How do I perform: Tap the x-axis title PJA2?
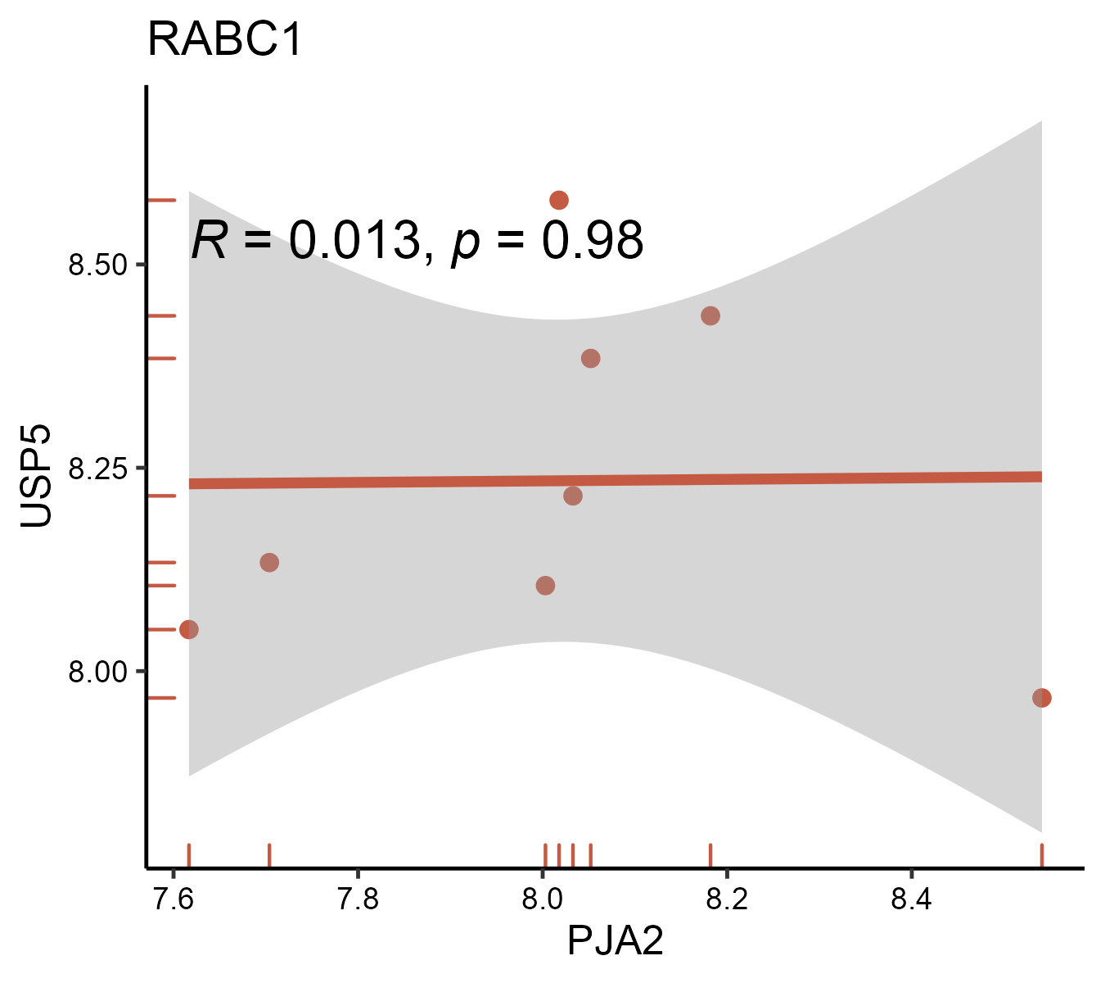[615, 941]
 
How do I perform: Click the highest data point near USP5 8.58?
[559, 200]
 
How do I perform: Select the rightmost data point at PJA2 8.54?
[1041, 698]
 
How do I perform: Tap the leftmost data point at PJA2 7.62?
[189, 629]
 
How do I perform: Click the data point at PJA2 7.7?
[269, 562]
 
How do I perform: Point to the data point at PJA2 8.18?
[710, 315]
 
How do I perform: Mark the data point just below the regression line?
[573, 496]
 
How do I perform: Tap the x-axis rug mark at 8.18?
[710, 854]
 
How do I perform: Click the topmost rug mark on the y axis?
[162, 200]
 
